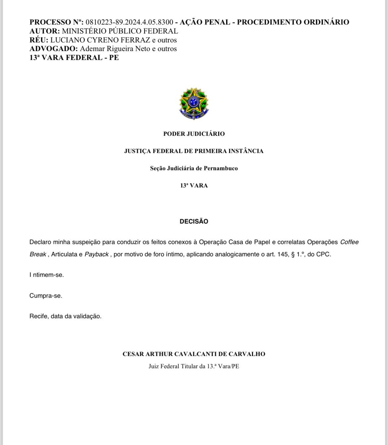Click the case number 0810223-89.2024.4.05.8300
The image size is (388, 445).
tap(129, 22)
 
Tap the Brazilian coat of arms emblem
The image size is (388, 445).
tap(194, 103)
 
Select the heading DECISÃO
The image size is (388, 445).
tap(194, 222)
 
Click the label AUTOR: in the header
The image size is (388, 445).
tap(45, 31)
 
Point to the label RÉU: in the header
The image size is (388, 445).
tap(39, 40)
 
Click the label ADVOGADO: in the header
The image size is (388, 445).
tap(54, 49)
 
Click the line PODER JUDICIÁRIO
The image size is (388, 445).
tap(194, 134)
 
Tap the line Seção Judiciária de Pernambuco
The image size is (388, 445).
tap(194, 168)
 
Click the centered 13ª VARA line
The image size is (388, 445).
tap(194, 185)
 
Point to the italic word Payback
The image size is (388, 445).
tap(97, 255)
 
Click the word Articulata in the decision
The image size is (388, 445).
tap(64, 255)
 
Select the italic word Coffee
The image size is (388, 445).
tap(349, 242)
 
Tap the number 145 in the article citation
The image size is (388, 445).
tap(284, 255)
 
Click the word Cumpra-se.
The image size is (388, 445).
tap(46, 296)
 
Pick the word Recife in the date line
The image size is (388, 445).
tap(39, 316)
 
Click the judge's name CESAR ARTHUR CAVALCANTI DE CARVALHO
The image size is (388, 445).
tap(194, 354)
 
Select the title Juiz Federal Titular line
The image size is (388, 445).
tap(194, 367)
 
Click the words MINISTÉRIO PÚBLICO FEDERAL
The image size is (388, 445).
tap(120, 31)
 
